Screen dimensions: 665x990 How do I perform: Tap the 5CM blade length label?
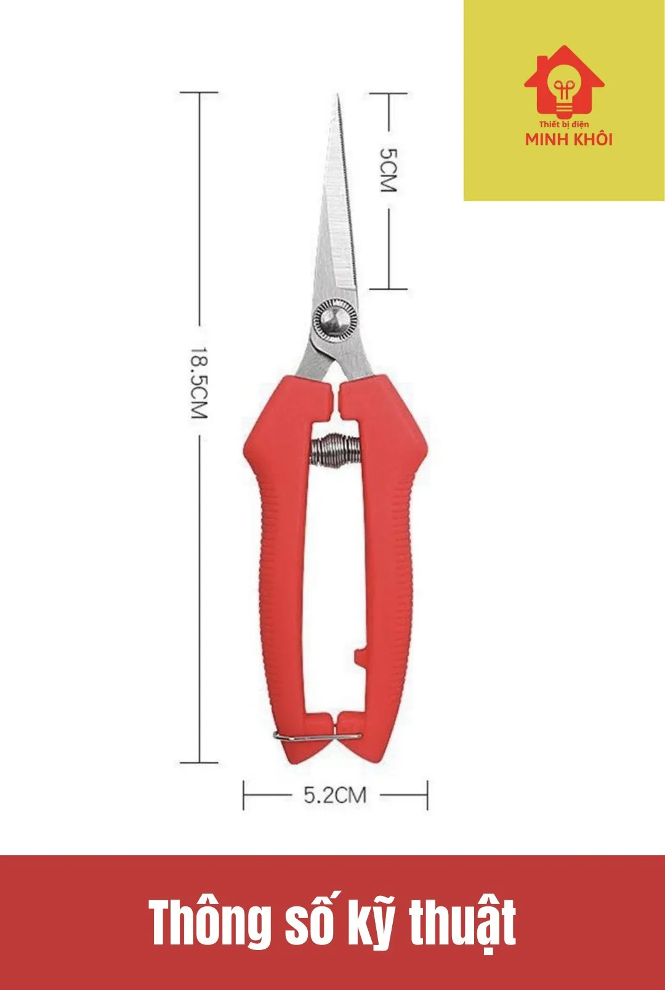389,170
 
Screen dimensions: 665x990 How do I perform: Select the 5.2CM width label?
335,795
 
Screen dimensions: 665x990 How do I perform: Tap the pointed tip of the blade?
338,95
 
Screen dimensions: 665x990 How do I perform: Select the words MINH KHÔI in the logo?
569,140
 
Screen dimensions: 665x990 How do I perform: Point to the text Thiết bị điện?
564,125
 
